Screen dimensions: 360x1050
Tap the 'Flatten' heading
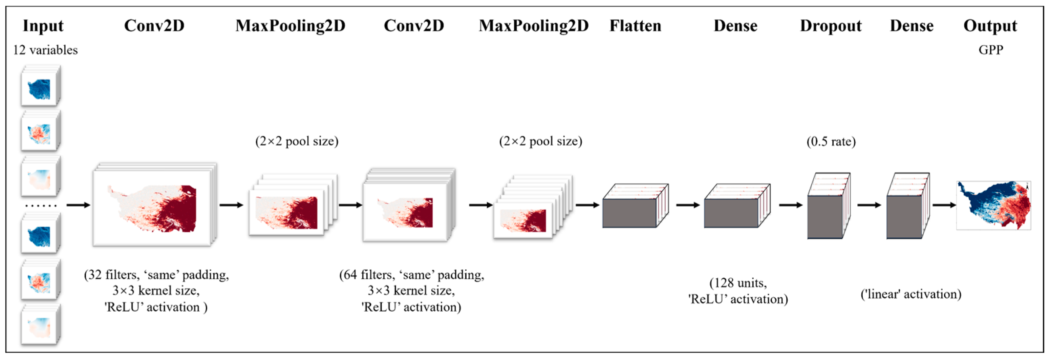pyautogui.click(x=635, y=26)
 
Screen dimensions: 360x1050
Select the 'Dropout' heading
pyautogui.click(x=831, y=26)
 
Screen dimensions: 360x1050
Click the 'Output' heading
pyautogui.click(x=990, y=26)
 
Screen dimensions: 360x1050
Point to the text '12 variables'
pyautogui.click(x=45, y=50)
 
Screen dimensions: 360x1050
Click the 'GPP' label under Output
pyautogui.click(x=990, y=50)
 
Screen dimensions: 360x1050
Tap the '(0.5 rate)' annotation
pyautogui.click(x=831, y=142)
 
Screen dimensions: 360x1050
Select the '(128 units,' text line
pyautogui.click(x=738, y=283)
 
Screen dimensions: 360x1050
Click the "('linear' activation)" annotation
pyautogui.click(x=910, y=294)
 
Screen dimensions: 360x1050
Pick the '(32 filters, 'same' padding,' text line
pyautogui.click(x=156, y=275)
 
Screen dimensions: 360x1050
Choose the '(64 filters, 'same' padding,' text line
pyautogui.click(x=412, y=275)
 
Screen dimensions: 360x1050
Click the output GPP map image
pyautogui.click(x=993, y=205)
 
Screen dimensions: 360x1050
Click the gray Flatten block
pyautogui.click(x=630, y=212)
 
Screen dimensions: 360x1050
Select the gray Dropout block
pyautogui.click(x=825, y=216)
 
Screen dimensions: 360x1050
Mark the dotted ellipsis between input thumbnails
pyautogui.click(x=41, y=206)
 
